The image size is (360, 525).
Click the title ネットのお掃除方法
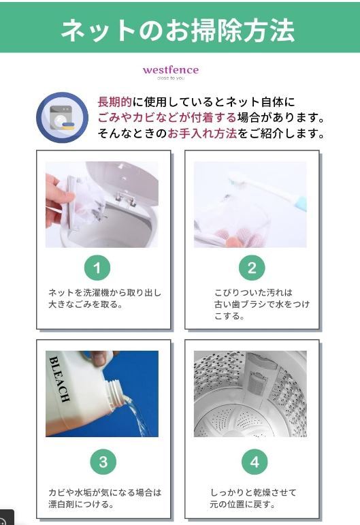pyautogui.click(x=178, y=30)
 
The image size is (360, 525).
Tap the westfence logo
pyautogui.click(x=171, y=72)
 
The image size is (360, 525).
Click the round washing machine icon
pyautogui.click(x=62, y=118)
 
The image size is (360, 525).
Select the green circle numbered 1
pyautogui.click(x=97, y=268)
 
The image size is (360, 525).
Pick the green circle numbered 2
pyautogui.click(x=252, y=268)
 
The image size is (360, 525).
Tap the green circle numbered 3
pyautogui.click(x=103, y=462)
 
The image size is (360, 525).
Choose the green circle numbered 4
pyautogui.click(x=255, y=462)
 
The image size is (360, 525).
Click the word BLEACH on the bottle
pyautogui.click(x=60, y=379)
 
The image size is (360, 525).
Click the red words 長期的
pyautogui.click(x=115, y=101)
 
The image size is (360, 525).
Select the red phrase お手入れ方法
pyautogui.click(x=202, y=133)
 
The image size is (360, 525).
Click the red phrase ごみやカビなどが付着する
pyautogui.click(x=167, y=118)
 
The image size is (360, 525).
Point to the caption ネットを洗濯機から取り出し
pyautogui.click(x=105, y=293)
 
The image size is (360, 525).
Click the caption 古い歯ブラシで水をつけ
pyautogui.click(x=262, y=304)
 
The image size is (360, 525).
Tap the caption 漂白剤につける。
pyautogui.click(x=81, y=504)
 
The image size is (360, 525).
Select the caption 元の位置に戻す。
pyautogui.click(x=242, y=504)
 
